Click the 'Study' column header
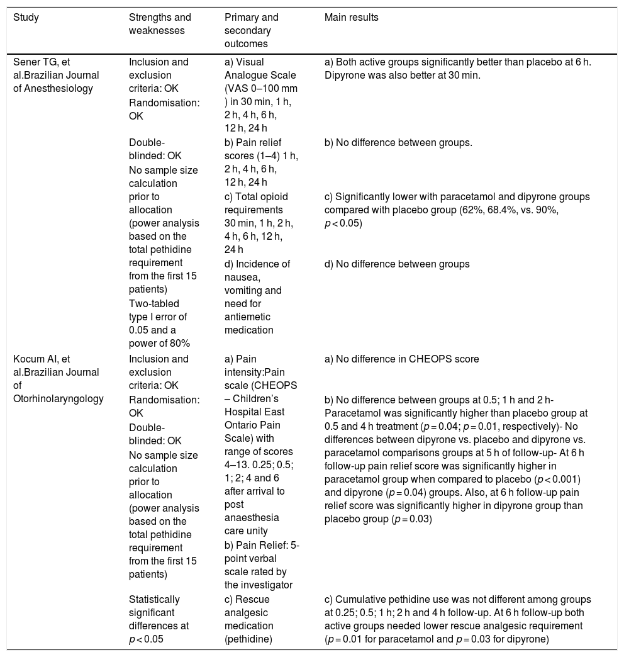26,18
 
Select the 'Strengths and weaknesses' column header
159,24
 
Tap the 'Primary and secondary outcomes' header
251,30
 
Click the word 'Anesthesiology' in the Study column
62,89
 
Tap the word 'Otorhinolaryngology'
57,398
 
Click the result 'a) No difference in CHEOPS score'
401,359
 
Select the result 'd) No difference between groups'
397,264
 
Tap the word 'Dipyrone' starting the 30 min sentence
344,76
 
